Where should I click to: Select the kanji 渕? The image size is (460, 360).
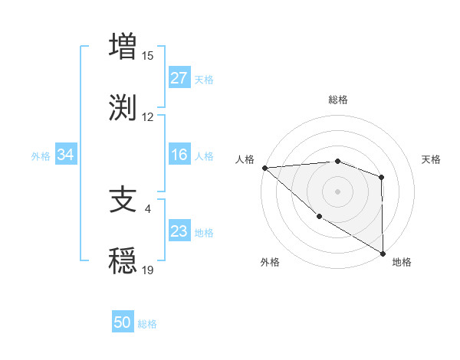pos(123,107)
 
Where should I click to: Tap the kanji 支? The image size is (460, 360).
pos(123,199)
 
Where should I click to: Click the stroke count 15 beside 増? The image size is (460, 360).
pos(148,55)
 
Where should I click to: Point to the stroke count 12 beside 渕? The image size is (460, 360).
pos(148,117)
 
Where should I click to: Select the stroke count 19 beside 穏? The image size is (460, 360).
pos(148,270)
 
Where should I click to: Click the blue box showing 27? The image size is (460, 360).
pos(179,78)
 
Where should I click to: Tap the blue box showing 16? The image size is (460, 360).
pos(179,155)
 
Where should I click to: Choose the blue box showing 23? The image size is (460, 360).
pos(179,231)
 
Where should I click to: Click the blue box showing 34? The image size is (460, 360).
pos(65,155)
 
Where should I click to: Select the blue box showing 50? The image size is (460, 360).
pos(123,323)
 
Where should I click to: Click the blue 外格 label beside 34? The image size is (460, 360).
pos(41,155)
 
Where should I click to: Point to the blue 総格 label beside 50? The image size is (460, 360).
pos(147,324)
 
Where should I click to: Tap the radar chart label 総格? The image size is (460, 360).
pos(338,100)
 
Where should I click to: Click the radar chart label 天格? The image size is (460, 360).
pos(432,159)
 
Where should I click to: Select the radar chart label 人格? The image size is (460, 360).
pos(245,159)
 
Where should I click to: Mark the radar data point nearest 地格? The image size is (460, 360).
pos(383,254)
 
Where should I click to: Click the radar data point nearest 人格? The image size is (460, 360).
pos(264,167)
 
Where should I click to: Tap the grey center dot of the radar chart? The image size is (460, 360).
pos(337,191)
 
